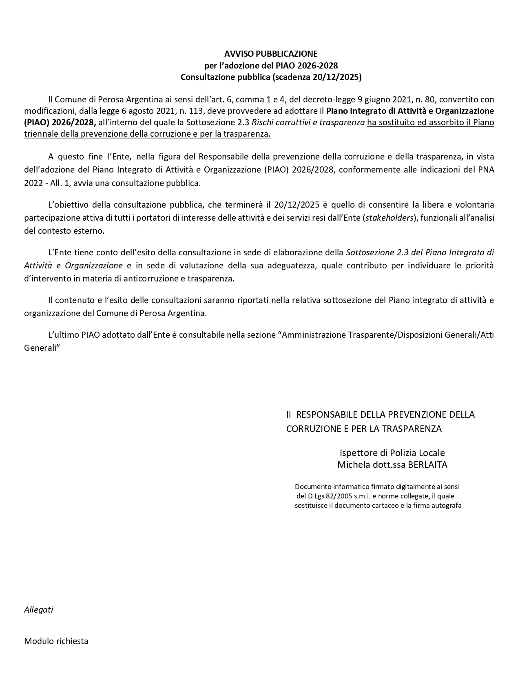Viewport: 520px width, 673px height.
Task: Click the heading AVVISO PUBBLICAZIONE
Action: point(271,53)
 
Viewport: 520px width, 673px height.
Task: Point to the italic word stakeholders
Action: point(389,218)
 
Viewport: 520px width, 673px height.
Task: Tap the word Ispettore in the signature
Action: point(358,453)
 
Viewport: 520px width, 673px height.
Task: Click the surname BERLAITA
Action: point(428,465)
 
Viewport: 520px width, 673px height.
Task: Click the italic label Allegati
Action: point(39,610)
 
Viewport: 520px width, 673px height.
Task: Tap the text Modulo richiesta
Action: point(56,641)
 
